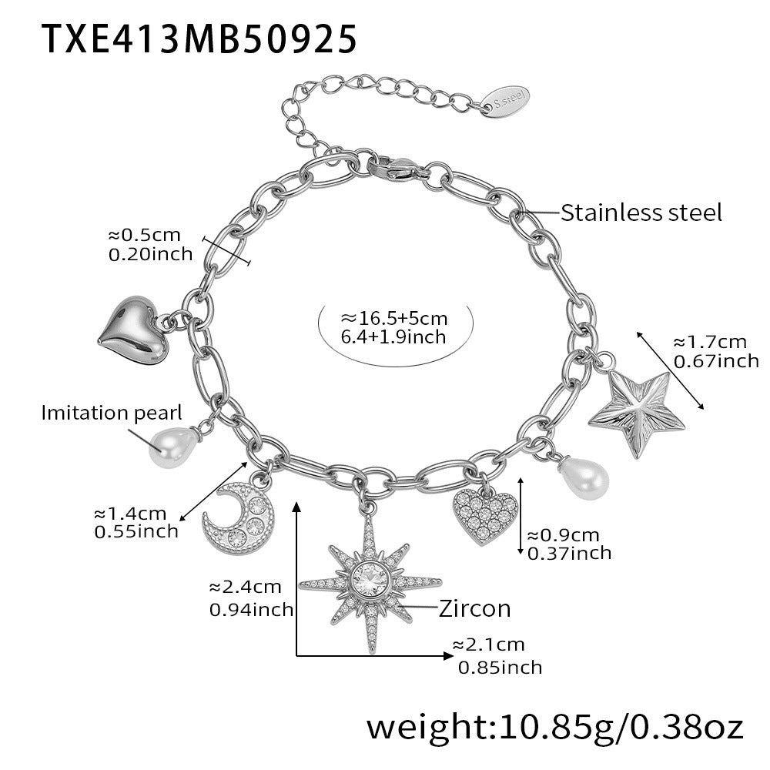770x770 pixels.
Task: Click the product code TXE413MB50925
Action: (199, 38)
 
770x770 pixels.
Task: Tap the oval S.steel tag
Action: (505, 102)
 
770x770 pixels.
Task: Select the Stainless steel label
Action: (641, 213)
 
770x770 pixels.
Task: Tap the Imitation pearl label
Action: (112, 413)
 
